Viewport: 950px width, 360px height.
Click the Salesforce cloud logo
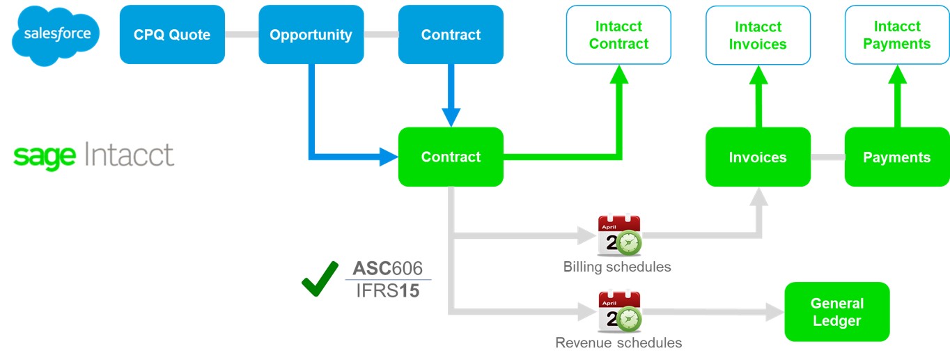(56, 35)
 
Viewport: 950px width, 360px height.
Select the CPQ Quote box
(172, 35)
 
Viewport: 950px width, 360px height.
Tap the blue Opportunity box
(311, 35)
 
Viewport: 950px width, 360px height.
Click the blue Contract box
(451, 35)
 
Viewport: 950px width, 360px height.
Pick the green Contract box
(451, 157)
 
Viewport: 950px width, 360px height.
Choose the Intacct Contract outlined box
(618, 36)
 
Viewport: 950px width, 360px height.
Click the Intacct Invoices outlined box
(758, 36)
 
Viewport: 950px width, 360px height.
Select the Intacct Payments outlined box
(896, 36)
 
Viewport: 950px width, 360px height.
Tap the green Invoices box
(758, 157)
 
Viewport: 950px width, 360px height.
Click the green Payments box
(896, 157)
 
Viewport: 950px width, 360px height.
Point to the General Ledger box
(836, 312)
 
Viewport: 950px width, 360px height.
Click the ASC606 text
(388, 269)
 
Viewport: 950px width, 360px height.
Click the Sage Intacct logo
(93, 156)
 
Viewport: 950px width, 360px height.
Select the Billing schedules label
(617, 267)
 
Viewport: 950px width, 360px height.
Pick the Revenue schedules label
(618, 343)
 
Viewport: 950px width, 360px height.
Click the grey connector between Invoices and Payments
(827, 157)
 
